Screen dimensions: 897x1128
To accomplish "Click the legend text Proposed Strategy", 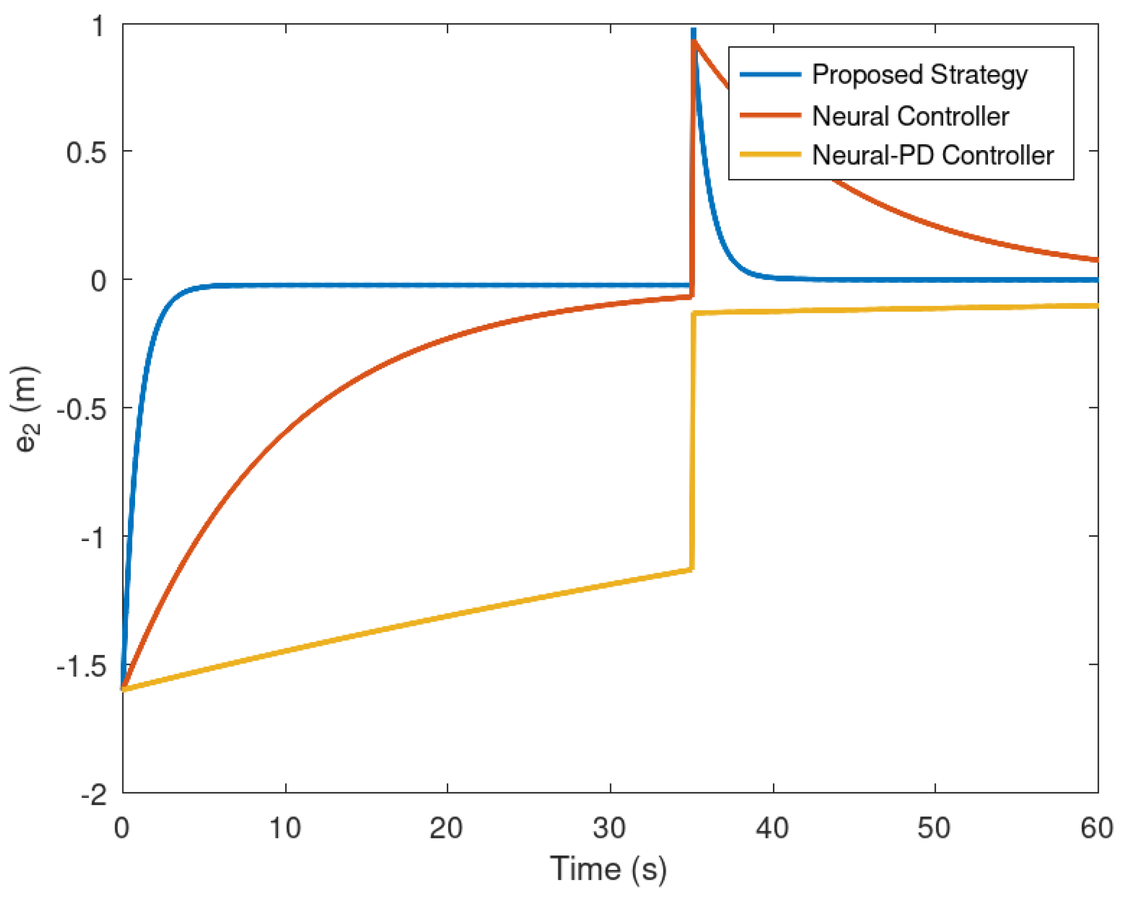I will (919, 75).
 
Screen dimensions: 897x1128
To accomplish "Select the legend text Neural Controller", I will (910, 116).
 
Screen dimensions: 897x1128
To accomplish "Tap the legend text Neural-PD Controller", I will (932, 156).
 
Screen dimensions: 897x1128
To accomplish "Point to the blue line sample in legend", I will (770, 75).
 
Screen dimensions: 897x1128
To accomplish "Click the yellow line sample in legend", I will (770, 155).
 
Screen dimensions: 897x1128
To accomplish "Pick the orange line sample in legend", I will (770, 115).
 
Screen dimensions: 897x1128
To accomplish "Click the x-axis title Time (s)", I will (608, 869).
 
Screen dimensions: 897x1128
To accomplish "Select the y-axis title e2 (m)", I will (24, 409).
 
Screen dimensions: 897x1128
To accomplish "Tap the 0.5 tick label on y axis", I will (86, 153).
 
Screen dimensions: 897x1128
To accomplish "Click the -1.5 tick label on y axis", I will (81, 666).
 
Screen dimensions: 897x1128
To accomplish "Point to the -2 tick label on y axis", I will (94, 795).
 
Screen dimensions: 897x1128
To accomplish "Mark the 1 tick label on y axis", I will (99, 26).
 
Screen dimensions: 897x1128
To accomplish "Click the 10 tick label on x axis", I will (285, 828).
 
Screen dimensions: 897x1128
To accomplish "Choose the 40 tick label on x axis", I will (772, 828).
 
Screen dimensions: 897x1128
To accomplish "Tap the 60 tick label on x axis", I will (1097, 828).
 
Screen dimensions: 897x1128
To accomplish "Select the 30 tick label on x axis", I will (610, 828).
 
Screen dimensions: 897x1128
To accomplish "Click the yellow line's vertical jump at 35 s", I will (692, 442).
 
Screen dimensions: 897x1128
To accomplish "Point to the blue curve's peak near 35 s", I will (694, 33).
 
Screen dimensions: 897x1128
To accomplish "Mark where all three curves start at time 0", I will (123, 689).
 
